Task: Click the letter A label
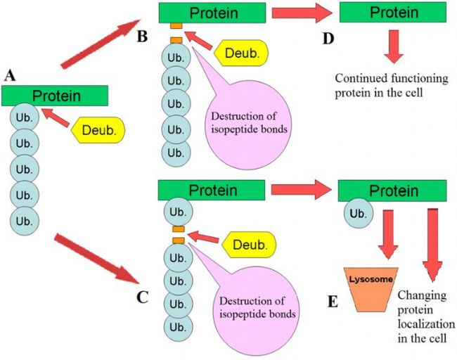tap(9, 75)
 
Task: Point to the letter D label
tap(328, 37)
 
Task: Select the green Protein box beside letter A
tap(54, 96)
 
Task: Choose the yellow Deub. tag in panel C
tap(250, 245)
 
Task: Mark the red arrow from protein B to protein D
tap(303, 13)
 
